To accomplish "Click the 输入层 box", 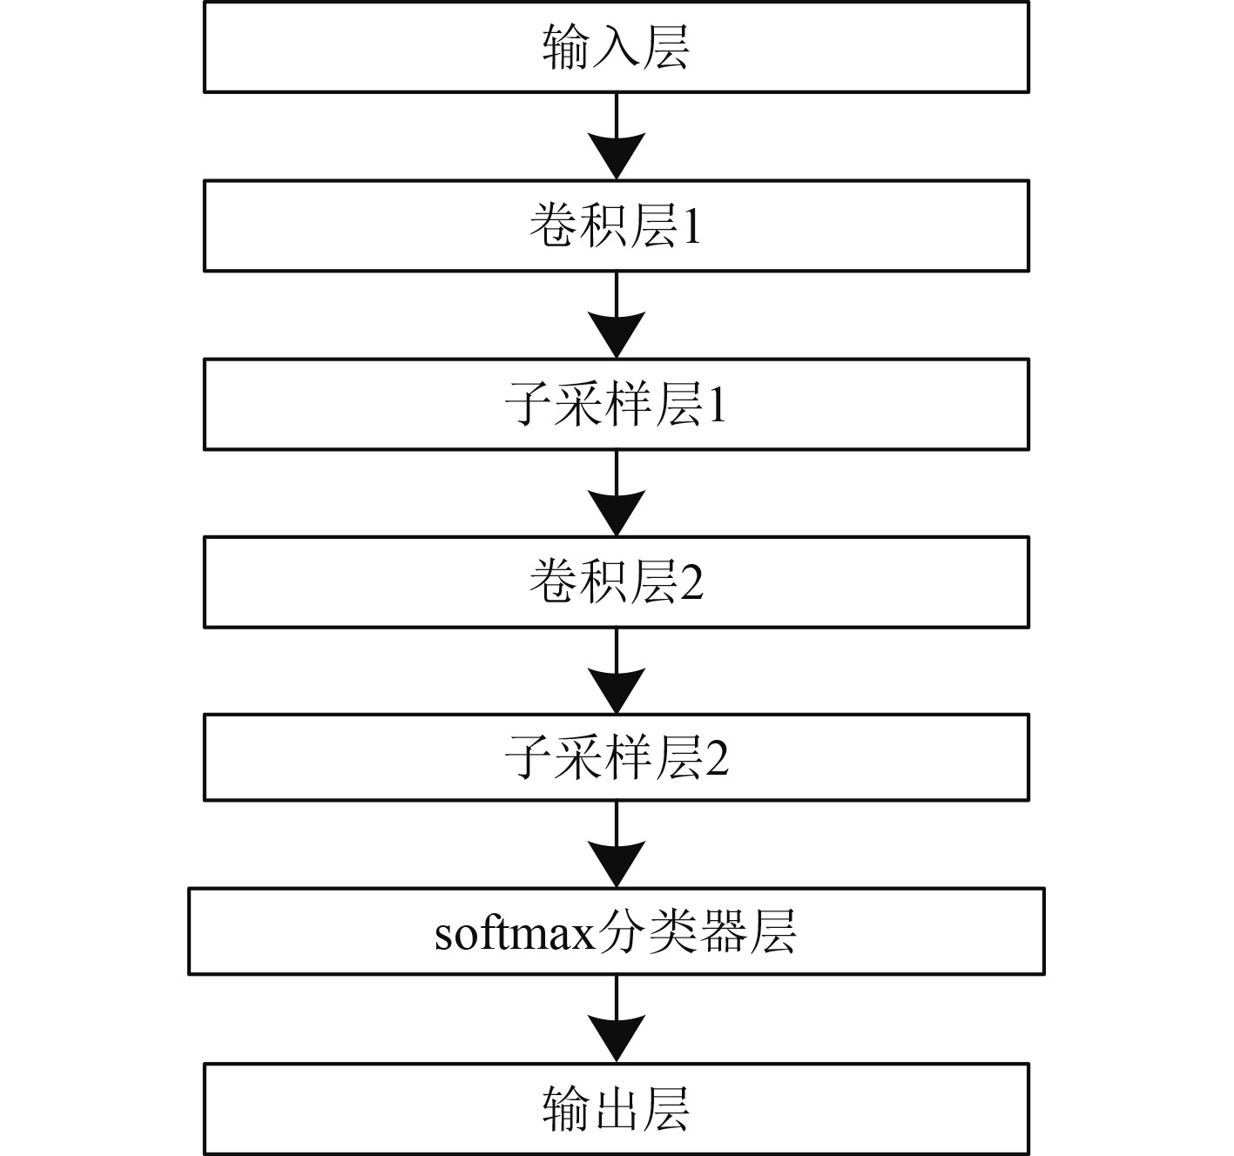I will (x=616, y=46).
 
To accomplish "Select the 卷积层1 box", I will (x=616, y=225).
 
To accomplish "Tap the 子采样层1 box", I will (x=616, y=404).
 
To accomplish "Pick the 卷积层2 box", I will (x=616, y=581).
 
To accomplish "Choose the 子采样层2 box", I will (x=616, y=757).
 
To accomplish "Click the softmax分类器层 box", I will (x=616, y=931).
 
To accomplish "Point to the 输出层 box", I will (x=616, y=1109).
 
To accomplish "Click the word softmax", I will (x=515, y=933).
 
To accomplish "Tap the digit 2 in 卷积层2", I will (x=691, y=583).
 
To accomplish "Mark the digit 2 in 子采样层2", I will (x=717, y=759).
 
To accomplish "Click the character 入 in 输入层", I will (x=616, y=47).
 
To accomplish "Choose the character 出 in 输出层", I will (x=616, y=1110).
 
